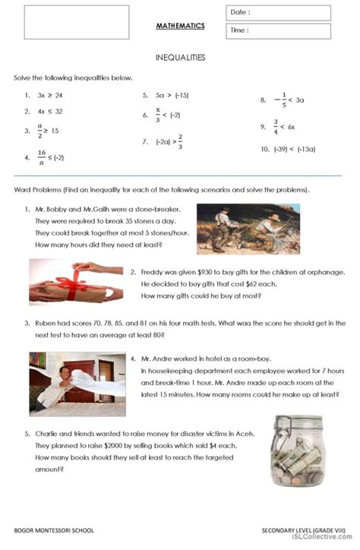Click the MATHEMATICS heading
(180, 26)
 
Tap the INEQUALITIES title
(180, 57)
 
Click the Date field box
(277, 13)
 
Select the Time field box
(277, 31)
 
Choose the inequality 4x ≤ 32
(49, 111)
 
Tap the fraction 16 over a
(41, 156)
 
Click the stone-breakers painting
(248, 228)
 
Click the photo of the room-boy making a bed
(72, 378)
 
